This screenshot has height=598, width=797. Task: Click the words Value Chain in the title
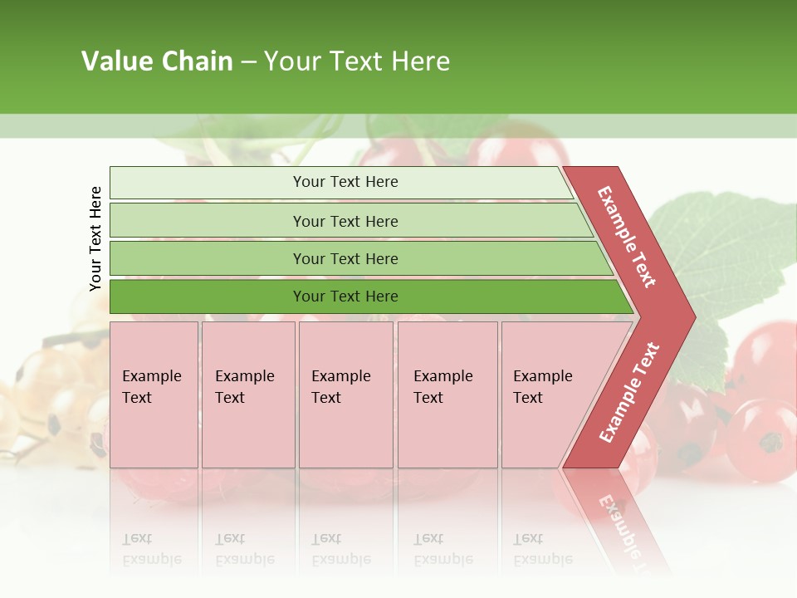pyautogui.click(x=157, y=61)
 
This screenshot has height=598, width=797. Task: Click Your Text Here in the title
pyautogui.click(x=357, y=61)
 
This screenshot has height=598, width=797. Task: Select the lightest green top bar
pyautogui.click(x=345, y=182)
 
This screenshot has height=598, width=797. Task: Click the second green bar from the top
pyautogui.click(x=345, y=221)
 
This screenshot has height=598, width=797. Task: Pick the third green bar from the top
pyautogui.click(x=345, y=258)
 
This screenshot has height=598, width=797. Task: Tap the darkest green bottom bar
pyautogui.click(x=345, y=297)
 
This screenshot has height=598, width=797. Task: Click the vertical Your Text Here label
pyautogui.click(x=95, y=238)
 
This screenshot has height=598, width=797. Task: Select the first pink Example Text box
pyautogui.click(x=154, y=394)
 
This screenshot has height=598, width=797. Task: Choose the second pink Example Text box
pyautogui.click(x=247, y=394)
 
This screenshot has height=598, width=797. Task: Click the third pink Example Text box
pyautogui.click(x=345, y=394)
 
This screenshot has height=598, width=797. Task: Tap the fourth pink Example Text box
pyautogui.click(x=447, y=394)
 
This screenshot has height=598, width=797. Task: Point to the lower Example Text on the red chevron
pyautogui.click(x=629, y=393)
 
